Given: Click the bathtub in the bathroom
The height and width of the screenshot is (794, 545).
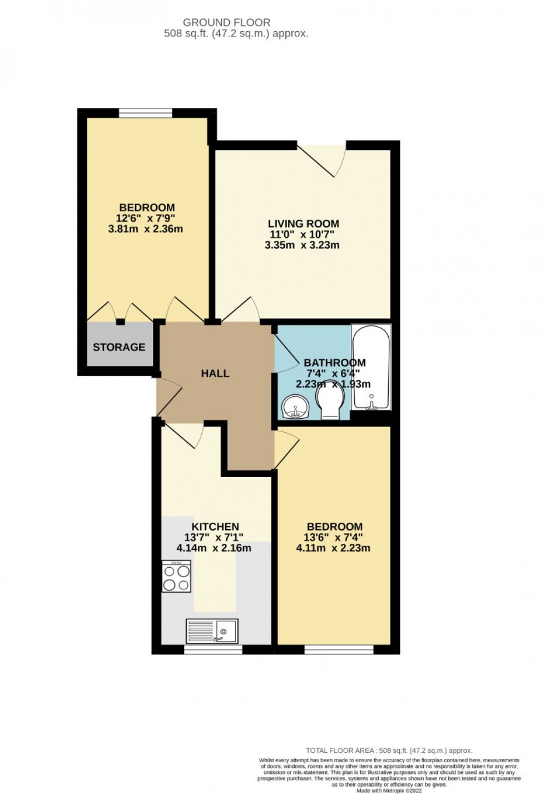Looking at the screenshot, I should pyautogui.click(x=371, y=368).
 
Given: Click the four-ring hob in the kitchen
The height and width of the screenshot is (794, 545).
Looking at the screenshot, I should pyautogui.click(x=176, y=576).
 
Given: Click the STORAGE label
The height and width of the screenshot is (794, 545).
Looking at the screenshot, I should pyautogui.click(x=119, y=347).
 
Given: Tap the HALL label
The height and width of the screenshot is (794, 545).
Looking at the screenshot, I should pyautogui.click(x=215, y=373).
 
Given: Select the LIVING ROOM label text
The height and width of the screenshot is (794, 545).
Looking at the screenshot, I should pyautogui.click(x=303, y=224).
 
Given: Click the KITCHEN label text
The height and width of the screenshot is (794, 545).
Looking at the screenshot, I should pyautogui.click(x=215, y=527).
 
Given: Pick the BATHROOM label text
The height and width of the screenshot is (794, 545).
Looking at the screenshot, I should pyautogui.click(x=335, y=363).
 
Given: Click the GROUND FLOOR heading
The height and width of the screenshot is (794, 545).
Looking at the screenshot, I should pyautogui.click(x=226, y=22).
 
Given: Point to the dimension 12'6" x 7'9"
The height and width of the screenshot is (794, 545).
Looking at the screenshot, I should pyautogui.click(x=146, y=218).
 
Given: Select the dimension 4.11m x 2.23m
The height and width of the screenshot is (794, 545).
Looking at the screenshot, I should pyautogui.click(x=333, y=548).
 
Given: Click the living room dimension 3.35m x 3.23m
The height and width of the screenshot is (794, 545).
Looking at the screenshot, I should pyautogui.click(x=302, y=245).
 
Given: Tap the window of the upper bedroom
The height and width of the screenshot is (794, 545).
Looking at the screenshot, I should pyautogui.click(x=146, y=113).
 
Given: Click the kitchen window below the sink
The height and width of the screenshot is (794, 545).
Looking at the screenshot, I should pyautogui.click(x=213, y=649).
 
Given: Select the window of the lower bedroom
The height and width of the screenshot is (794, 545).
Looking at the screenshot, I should pyautogui.click(x=339, y=649).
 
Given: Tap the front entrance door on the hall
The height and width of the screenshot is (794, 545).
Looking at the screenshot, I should pyautogui.click(x=168, y=396).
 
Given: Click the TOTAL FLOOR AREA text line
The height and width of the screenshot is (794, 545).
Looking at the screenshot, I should pyautogui.click(x=389, y=750).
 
